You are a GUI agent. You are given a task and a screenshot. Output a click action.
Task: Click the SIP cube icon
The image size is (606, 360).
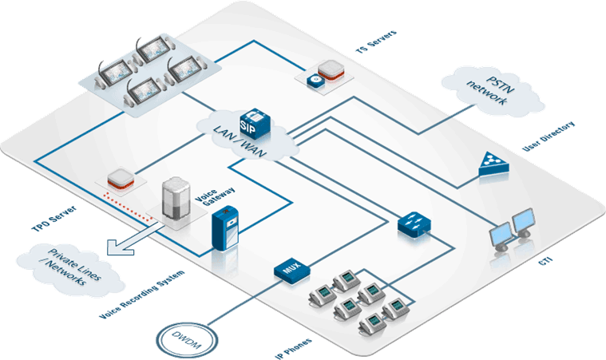click(x=255, y=124)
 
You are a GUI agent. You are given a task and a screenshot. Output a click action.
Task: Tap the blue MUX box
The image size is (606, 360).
click(x=291, y=271)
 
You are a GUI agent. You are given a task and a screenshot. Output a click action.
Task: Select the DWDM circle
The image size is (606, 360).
click(x=187, y=340)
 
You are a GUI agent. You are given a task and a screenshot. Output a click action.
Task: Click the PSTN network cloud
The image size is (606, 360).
click(x=492, y=91)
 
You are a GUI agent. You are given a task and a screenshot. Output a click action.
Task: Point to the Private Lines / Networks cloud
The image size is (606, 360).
click(x=71, y=269)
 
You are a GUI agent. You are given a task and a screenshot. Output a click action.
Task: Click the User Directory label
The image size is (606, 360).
click(x=549, y=136)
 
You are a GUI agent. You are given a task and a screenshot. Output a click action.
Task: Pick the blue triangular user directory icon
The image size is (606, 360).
click(x=493, y=164)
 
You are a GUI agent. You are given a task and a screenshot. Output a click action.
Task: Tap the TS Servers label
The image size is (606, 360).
click(x=376, y=42)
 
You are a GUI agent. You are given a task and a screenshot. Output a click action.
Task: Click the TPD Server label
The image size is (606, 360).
click(x=53, y=219)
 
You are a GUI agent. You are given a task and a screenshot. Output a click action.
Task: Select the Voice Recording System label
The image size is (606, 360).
click(x=142, y=295)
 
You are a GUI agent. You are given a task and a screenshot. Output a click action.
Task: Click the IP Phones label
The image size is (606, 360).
click(x=293, y=349)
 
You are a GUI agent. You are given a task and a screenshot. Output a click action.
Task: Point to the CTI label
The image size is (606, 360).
click(x=545, y=261)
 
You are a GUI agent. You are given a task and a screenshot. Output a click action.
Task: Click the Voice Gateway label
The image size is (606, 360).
click(x=215, y=196)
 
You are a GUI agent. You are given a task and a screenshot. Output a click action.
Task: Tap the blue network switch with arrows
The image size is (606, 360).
click(x=414, y=224)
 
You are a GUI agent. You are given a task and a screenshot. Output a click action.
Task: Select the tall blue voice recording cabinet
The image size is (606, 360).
click(x=225, y=228)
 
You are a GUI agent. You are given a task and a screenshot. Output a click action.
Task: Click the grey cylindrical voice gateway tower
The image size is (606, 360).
click(x=176, y=199)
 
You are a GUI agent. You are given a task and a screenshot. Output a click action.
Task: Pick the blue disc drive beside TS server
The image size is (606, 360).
click(x=315, y=81)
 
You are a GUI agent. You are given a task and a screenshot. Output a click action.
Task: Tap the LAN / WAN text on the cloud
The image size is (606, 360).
click(x=240, y=141)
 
